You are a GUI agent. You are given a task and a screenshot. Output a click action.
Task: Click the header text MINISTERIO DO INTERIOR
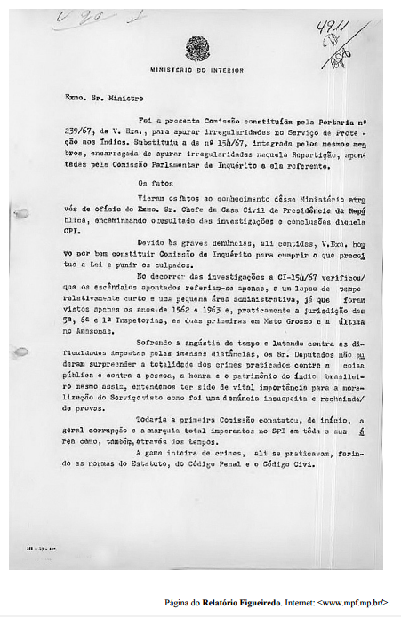196,68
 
